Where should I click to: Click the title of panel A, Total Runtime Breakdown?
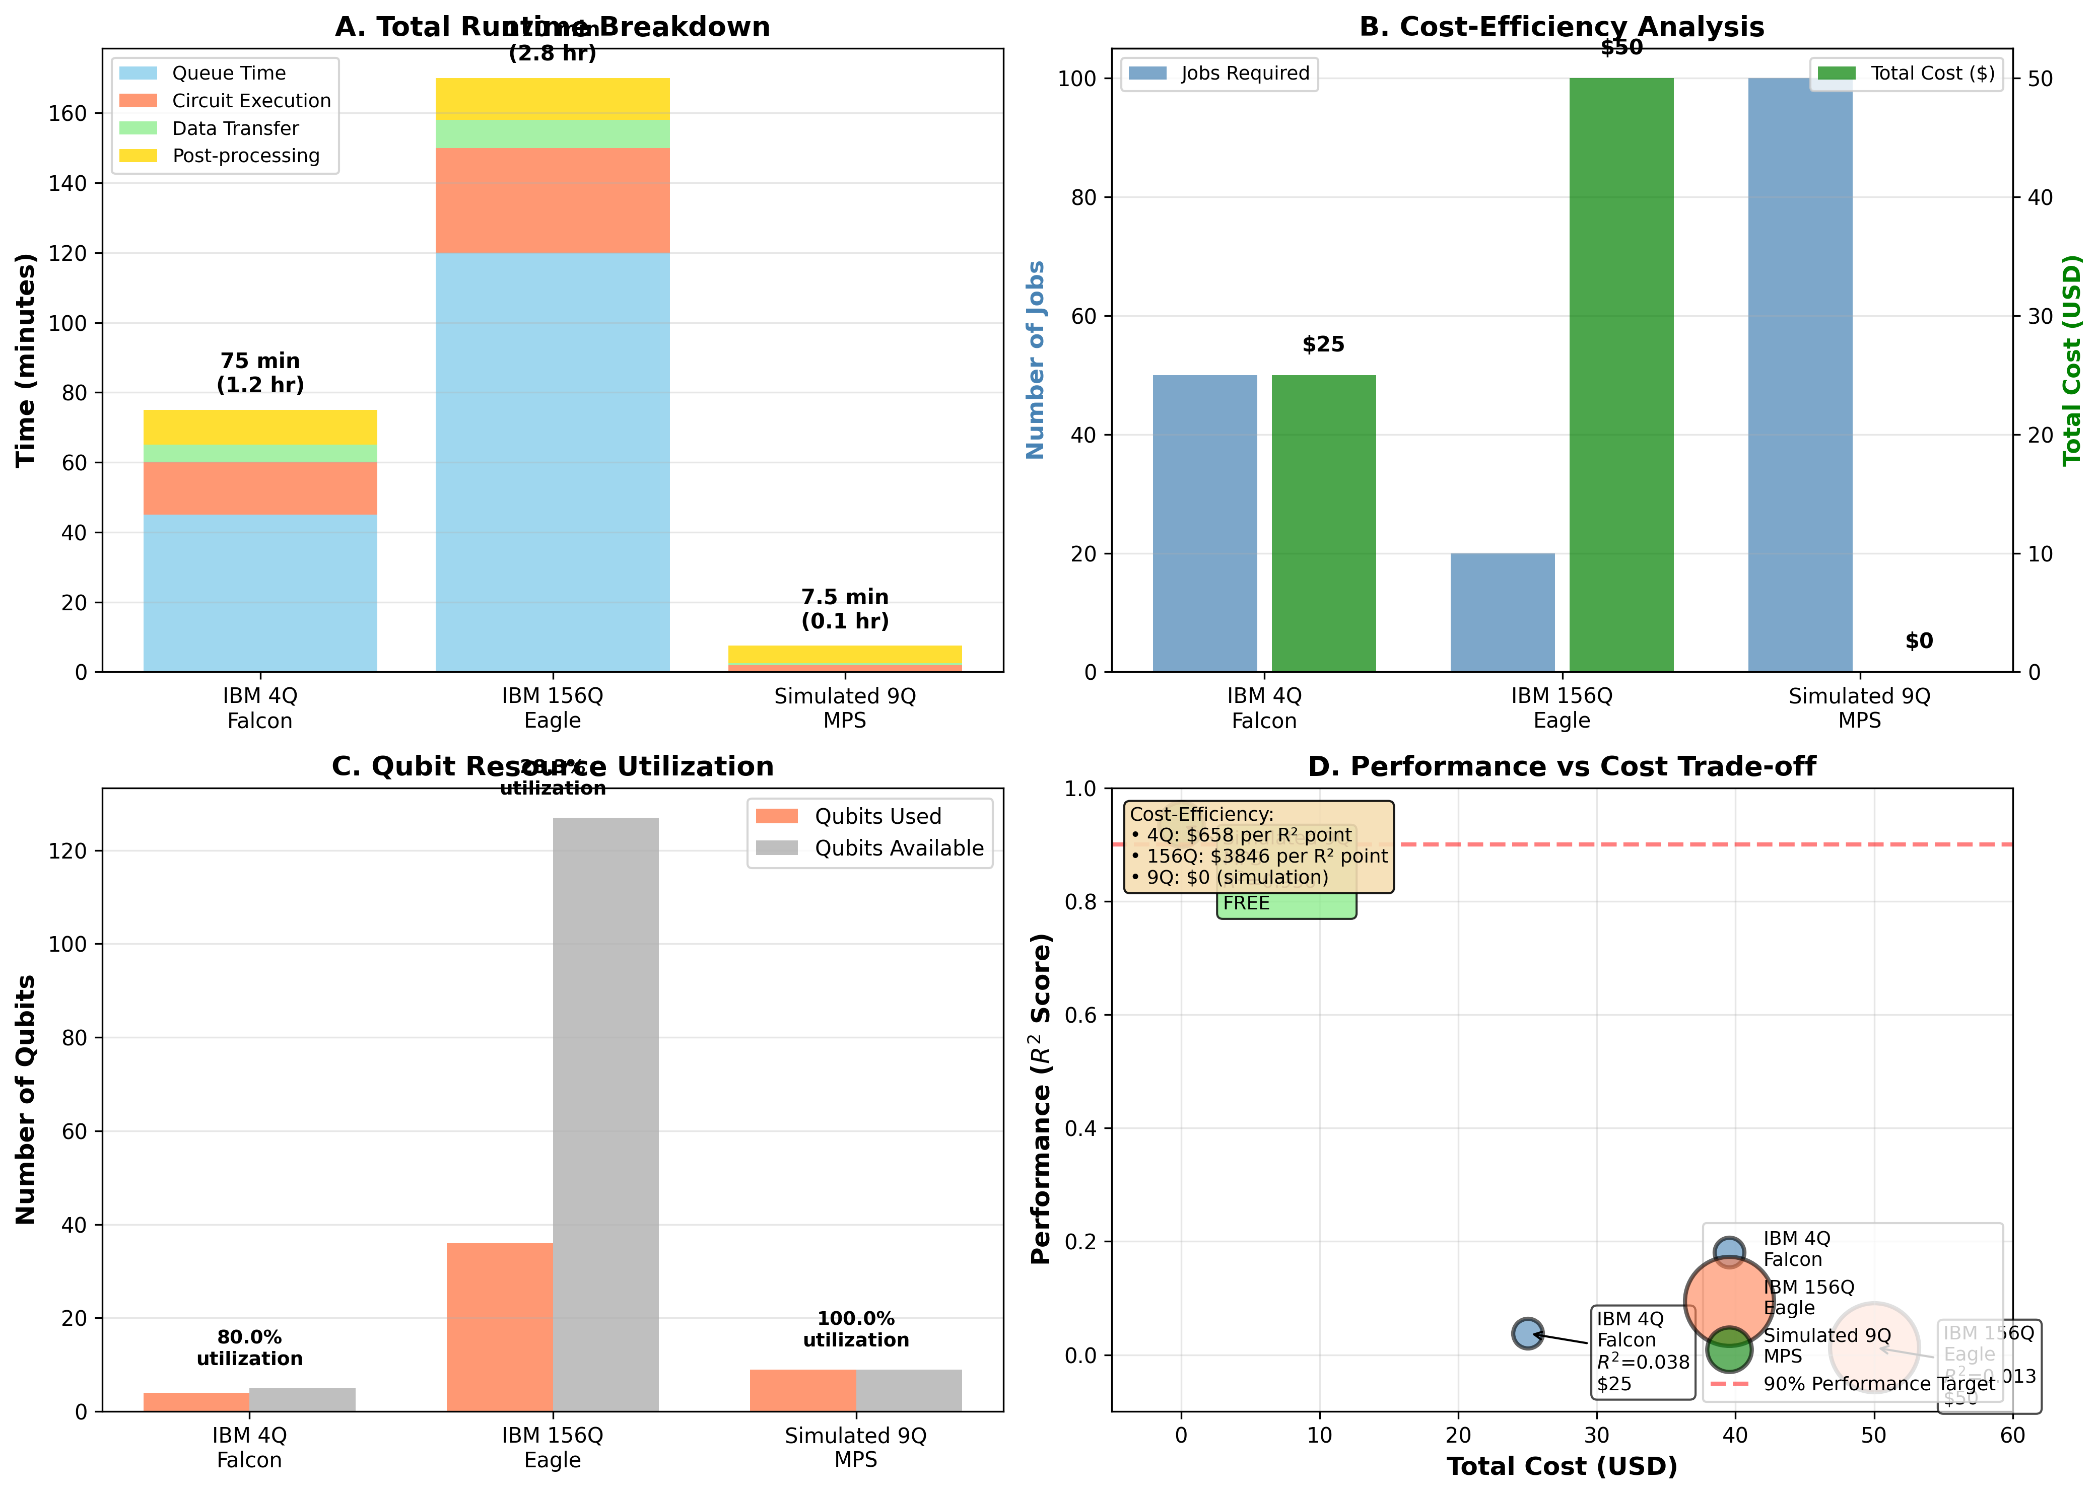[553, 27]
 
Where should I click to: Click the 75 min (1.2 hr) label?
[260, 373]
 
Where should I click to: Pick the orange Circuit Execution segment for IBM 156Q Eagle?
[553, 201]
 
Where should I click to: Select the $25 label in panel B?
[1323, 344]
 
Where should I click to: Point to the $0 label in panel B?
[1919, 640]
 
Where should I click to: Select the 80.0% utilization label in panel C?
[249, 1347]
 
